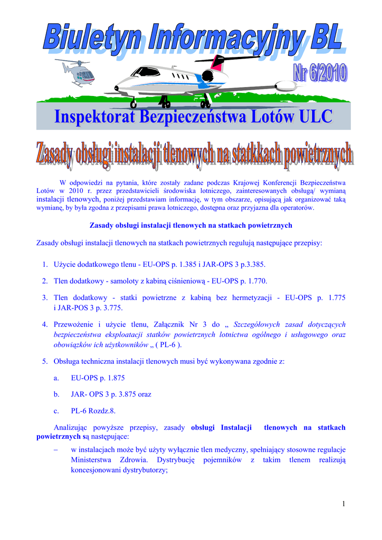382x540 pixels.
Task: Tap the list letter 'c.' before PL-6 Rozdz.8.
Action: tap(56, 410)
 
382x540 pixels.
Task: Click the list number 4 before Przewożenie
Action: tap(45, 325)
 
